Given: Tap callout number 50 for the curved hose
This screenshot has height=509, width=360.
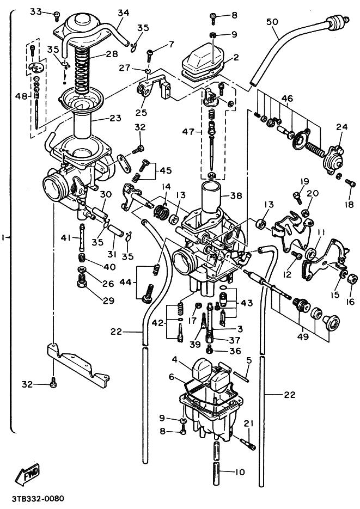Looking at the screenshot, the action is click(x=272, y=22).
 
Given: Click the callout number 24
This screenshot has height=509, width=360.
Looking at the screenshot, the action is click(x=342, y=127).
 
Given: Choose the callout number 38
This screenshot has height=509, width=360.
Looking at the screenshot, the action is click(x=236, y=195).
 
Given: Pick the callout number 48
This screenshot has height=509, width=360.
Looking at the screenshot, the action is click(x=21, y=96).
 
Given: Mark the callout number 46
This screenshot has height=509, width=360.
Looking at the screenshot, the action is click(x=287, y=98).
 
